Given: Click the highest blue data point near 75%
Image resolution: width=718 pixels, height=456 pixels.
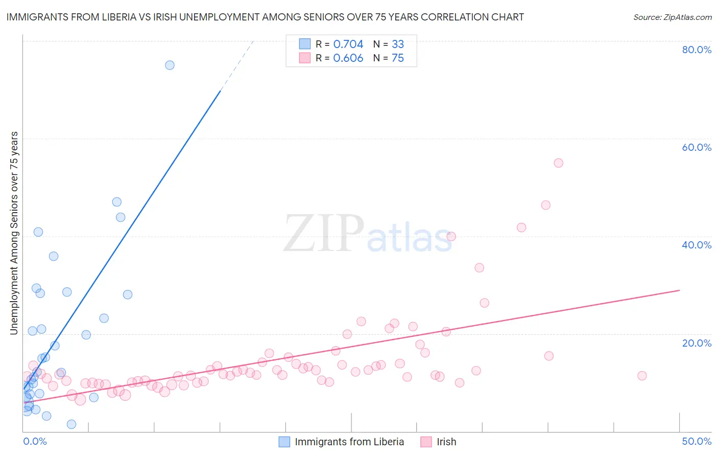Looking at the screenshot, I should pos(170,65).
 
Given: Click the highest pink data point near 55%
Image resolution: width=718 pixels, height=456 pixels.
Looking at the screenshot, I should pos(558,163).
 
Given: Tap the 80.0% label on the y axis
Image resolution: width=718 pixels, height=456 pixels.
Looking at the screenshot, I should pos(697,50).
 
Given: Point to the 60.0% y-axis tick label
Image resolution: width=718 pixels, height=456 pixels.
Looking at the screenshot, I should pos(697,147).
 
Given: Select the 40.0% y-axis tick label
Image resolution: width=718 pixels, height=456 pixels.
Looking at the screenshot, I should pos(697,245).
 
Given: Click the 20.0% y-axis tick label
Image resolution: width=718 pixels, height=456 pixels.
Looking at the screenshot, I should pos(697,343).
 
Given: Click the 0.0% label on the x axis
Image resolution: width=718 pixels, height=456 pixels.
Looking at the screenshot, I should pos(35,441).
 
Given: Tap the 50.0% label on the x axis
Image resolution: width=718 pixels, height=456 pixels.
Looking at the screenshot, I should pos(697,441).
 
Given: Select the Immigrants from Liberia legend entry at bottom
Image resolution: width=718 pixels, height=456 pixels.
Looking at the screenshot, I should pos(349,442).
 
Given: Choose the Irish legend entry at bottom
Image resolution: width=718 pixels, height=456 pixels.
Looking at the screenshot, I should pos(446,442).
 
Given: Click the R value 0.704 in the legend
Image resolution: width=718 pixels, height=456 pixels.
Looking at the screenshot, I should pos(348,44).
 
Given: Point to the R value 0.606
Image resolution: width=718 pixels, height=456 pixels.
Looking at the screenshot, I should pos(348,58).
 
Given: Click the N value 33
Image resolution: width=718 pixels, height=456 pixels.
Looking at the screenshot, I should pos(397,44).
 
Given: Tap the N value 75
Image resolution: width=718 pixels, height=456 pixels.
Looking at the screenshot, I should pos(397,58).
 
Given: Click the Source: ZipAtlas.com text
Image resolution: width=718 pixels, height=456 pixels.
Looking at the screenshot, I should pos(672,17).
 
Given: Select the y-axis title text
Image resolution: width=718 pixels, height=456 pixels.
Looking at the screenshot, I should pos(14,233).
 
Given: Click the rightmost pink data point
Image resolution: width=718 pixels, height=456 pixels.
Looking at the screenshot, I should pos(642,376).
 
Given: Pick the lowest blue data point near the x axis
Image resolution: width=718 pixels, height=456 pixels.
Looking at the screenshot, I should pos(71,424).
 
